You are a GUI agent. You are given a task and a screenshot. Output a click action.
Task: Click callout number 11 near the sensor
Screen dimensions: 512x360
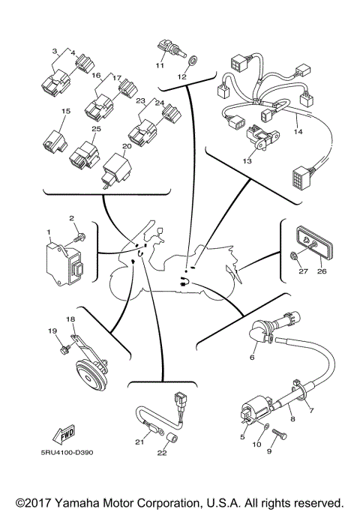159,65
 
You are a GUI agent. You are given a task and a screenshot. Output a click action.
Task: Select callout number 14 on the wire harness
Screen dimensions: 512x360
298,131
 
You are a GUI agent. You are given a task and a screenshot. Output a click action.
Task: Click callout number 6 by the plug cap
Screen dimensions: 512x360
252,358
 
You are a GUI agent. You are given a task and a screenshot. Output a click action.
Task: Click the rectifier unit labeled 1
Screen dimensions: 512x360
61,256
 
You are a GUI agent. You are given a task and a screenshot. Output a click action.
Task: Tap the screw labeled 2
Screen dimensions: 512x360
78,238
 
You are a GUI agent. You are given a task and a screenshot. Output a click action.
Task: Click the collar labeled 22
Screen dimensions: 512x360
171,437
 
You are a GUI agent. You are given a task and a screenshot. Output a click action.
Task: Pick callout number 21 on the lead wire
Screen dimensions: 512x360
139,442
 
